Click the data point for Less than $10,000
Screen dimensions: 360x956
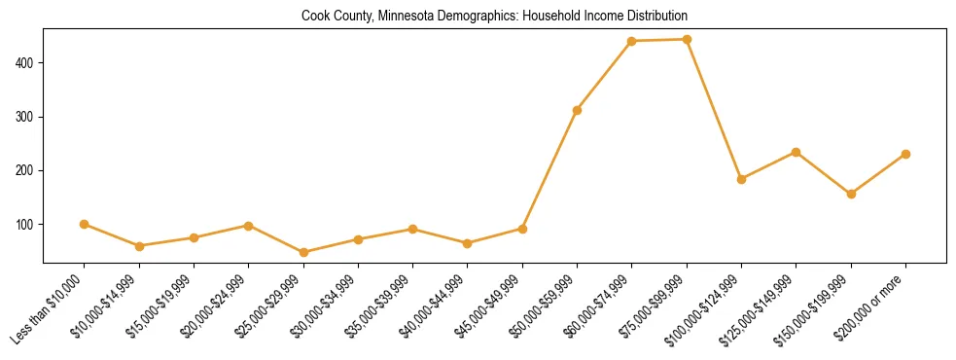click(x=85, y=224)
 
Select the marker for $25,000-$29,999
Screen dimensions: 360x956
click(x=303, y=252)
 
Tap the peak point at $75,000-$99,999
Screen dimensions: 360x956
click(x=687, y=40)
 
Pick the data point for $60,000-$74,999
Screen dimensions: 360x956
click(x=632, y=41)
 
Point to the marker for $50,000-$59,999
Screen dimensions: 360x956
click(x=577, y=110)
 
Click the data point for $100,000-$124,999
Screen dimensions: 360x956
click(x=741, y=179)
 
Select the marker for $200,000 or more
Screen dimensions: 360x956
click(x=905, y=154)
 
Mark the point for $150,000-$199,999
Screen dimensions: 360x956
click(x=851, y=194)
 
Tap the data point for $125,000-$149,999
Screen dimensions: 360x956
click(x=797, y=152)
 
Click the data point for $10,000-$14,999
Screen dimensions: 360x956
click(x=139, y=246)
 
